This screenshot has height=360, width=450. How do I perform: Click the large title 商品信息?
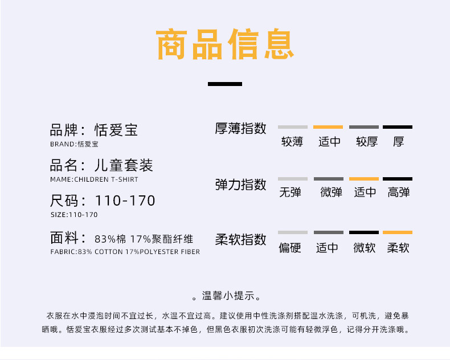click(x=225, y=45)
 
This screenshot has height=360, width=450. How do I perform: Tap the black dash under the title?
click(x=225, y=84)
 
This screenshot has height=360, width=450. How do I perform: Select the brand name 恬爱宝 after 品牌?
click(x=117, y=130)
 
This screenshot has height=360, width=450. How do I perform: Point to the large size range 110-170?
click(x=126, y=201)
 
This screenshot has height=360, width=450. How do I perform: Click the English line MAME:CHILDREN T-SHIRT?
click(x=94, y=179)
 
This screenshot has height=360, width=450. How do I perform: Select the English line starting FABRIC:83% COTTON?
click(x=125, y=252)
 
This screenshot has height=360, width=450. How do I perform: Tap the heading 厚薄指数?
click(x=240, y=129)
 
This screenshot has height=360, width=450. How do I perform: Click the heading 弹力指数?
click(x=240, y=185)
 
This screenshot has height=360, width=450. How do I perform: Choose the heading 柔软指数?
click(x=240, y=240)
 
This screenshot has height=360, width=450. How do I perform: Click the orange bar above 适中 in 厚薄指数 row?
click(x=329, y=127)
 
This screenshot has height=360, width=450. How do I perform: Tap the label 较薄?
click(x=292, y=142)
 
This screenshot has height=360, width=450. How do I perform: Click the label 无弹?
click(x=290, y=193)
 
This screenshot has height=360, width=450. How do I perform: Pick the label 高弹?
click(x=398, y=193)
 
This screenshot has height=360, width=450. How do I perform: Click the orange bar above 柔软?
click(x=398, y=232)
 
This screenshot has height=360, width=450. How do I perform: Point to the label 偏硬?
click(x=290, y=248)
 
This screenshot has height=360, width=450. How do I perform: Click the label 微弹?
click(x=331, y=193)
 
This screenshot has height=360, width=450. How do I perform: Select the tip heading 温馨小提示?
click(x=226, y=296)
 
